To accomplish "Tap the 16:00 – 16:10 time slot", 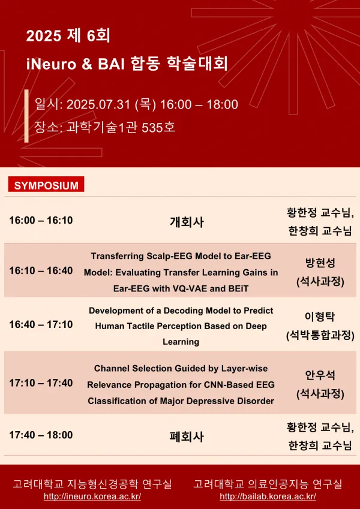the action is (x=41, y=221).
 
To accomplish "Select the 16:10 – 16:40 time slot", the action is (x=41, y=270).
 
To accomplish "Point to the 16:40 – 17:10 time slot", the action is (x=41, y=324).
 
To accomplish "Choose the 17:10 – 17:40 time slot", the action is (x=41, y=382).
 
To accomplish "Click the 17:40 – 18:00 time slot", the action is (x=41, y=435).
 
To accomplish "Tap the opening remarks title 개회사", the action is (x=187, y=222).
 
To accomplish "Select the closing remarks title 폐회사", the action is (x=187, y=436).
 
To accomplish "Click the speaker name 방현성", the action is (x=320, y=263).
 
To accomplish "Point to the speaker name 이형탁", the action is (x=320, y=317).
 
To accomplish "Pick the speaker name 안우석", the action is (x=320, y=375).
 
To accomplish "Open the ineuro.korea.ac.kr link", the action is (x=92, y=496).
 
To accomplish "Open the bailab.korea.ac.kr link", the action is (x=268, y=496).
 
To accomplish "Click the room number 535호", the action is (x=158, y=127).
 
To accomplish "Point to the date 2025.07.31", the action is (x=98, y=104).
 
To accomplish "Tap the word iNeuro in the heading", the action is (x=52, y=64).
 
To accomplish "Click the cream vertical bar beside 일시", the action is (x=26, y=116).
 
